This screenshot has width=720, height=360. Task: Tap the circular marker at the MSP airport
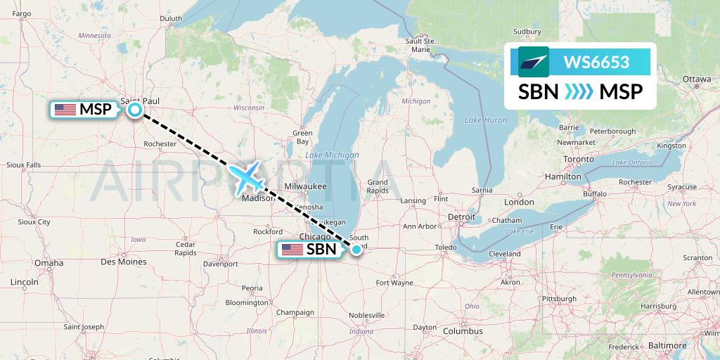134,109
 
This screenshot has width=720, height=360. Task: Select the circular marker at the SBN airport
356,249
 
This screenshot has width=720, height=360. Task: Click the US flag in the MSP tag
65,110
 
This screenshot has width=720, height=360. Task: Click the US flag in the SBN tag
292,250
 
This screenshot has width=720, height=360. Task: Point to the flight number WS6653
596,62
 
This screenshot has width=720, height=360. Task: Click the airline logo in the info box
533,62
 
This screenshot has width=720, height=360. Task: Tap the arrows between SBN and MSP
579,92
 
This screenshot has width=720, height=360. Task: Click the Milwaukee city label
306,186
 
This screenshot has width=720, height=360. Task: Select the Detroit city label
462,217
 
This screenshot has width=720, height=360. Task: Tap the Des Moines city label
123,262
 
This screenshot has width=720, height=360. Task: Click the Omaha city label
49,263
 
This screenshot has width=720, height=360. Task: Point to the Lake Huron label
485,120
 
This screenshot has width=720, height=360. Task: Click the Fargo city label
22,13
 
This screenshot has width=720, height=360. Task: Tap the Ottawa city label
697,79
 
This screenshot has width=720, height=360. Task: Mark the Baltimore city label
667,345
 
